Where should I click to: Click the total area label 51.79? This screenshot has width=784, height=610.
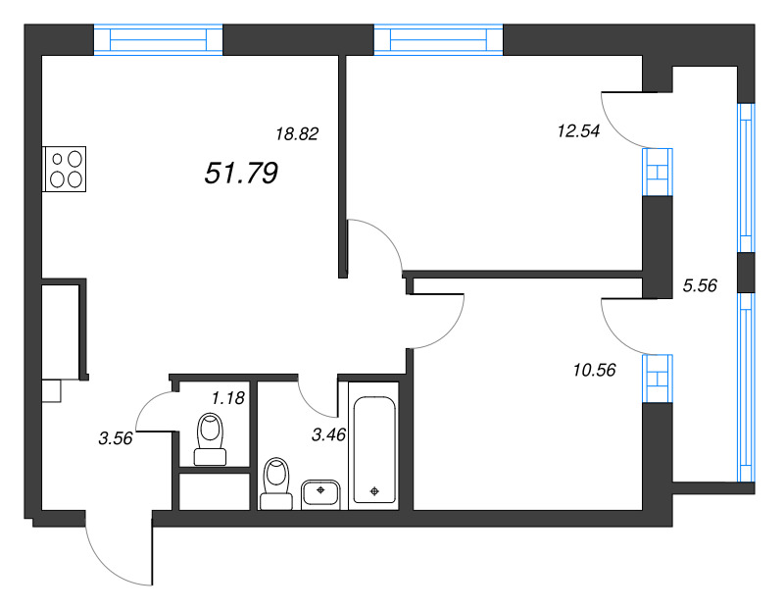tap(242, 175)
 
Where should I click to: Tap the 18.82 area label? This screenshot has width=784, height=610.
tap(297, 134)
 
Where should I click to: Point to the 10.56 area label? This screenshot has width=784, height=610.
tap(592, 370)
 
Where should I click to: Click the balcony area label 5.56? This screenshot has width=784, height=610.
tap(700, 286)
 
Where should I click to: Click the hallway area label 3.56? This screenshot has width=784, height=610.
tap(116, 438)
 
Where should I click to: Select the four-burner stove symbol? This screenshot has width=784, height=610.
tap(65, 168)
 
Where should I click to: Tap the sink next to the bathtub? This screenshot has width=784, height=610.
tap(320, 491)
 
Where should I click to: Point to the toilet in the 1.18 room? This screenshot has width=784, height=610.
tap(210, 437)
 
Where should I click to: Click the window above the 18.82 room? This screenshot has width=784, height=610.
tap(159, 39)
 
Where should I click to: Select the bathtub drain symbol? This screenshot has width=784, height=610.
tap(374, 491)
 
